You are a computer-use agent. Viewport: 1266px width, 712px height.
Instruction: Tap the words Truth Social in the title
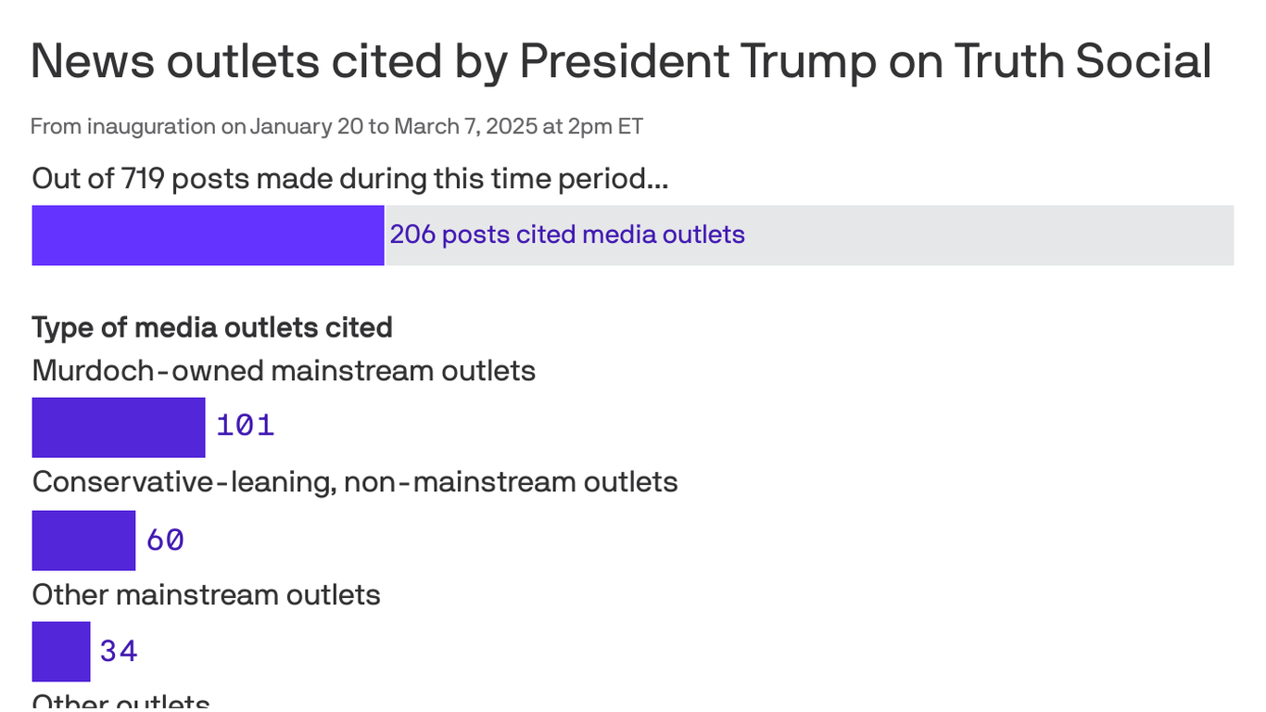(x=1082, y=61)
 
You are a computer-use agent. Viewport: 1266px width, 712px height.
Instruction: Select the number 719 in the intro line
(x=143, y=178)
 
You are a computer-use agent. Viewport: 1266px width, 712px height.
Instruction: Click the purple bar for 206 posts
(x=208, y=235)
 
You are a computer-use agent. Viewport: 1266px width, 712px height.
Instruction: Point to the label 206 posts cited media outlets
(x=566, y=235)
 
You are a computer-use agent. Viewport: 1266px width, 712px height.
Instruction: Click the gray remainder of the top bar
(x=992, y=235)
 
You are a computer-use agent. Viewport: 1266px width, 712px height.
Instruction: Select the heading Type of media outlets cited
(x=212, y=327)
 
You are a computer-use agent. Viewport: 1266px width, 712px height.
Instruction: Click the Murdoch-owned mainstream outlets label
(x=284, y=371)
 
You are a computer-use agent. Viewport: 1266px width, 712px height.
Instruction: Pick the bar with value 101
(x=118, y=427)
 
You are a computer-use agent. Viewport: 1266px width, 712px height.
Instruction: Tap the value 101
(x=246, y=426)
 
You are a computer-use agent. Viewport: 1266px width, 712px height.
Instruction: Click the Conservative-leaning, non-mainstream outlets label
(x=355, y=482)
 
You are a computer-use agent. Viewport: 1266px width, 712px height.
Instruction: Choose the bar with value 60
(x=83, y=540)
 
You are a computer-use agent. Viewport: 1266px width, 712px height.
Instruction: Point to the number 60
(x=165, y=540)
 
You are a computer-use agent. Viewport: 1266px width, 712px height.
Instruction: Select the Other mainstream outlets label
(x=206, y=594)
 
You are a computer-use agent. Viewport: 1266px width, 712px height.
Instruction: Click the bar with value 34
(x=60, y=651)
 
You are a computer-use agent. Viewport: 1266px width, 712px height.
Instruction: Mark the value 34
(x=119, y=651)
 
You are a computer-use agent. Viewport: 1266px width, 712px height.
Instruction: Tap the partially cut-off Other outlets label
(x=120, y=702)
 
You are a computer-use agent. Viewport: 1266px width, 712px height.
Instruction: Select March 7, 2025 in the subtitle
(x=465, y=126)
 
